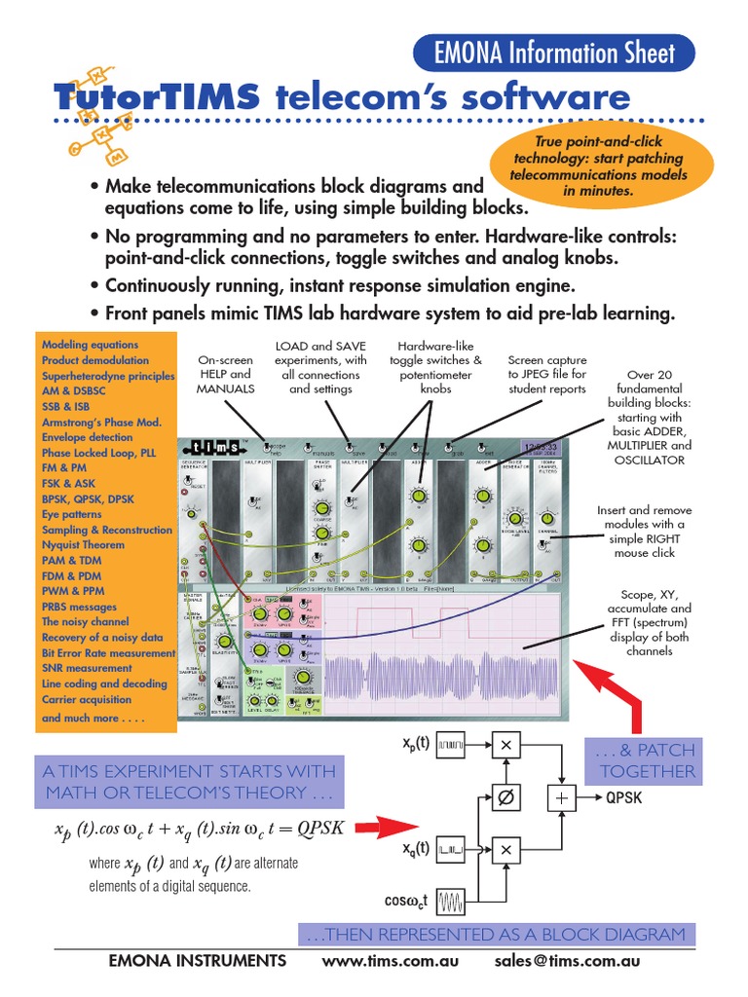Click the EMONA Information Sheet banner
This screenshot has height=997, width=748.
[554, 53]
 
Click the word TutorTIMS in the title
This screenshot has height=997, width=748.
[156, 98]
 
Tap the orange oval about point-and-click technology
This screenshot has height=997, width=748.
[599, 166]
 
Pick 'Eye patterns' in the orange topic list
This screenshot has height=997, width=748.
[71, 514]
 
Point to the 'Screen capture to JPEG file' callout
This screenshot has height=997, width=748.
[546, 374]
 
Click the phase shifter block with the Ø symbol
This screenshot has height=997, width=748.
[505, 797]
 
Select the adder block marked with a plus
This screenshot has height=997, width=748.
[561, 797]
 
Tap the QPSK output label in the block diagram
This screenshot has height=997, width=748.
[623, 797]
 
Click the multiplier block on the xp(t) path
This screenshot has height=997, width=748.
[505, 745]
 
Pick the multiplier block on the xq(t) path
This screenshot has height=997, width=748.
[505, 850]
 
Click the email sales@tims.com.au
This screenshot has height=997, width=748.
[565, 961]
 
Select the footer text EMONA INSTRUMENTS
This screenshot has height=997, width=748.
[199, 961]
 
